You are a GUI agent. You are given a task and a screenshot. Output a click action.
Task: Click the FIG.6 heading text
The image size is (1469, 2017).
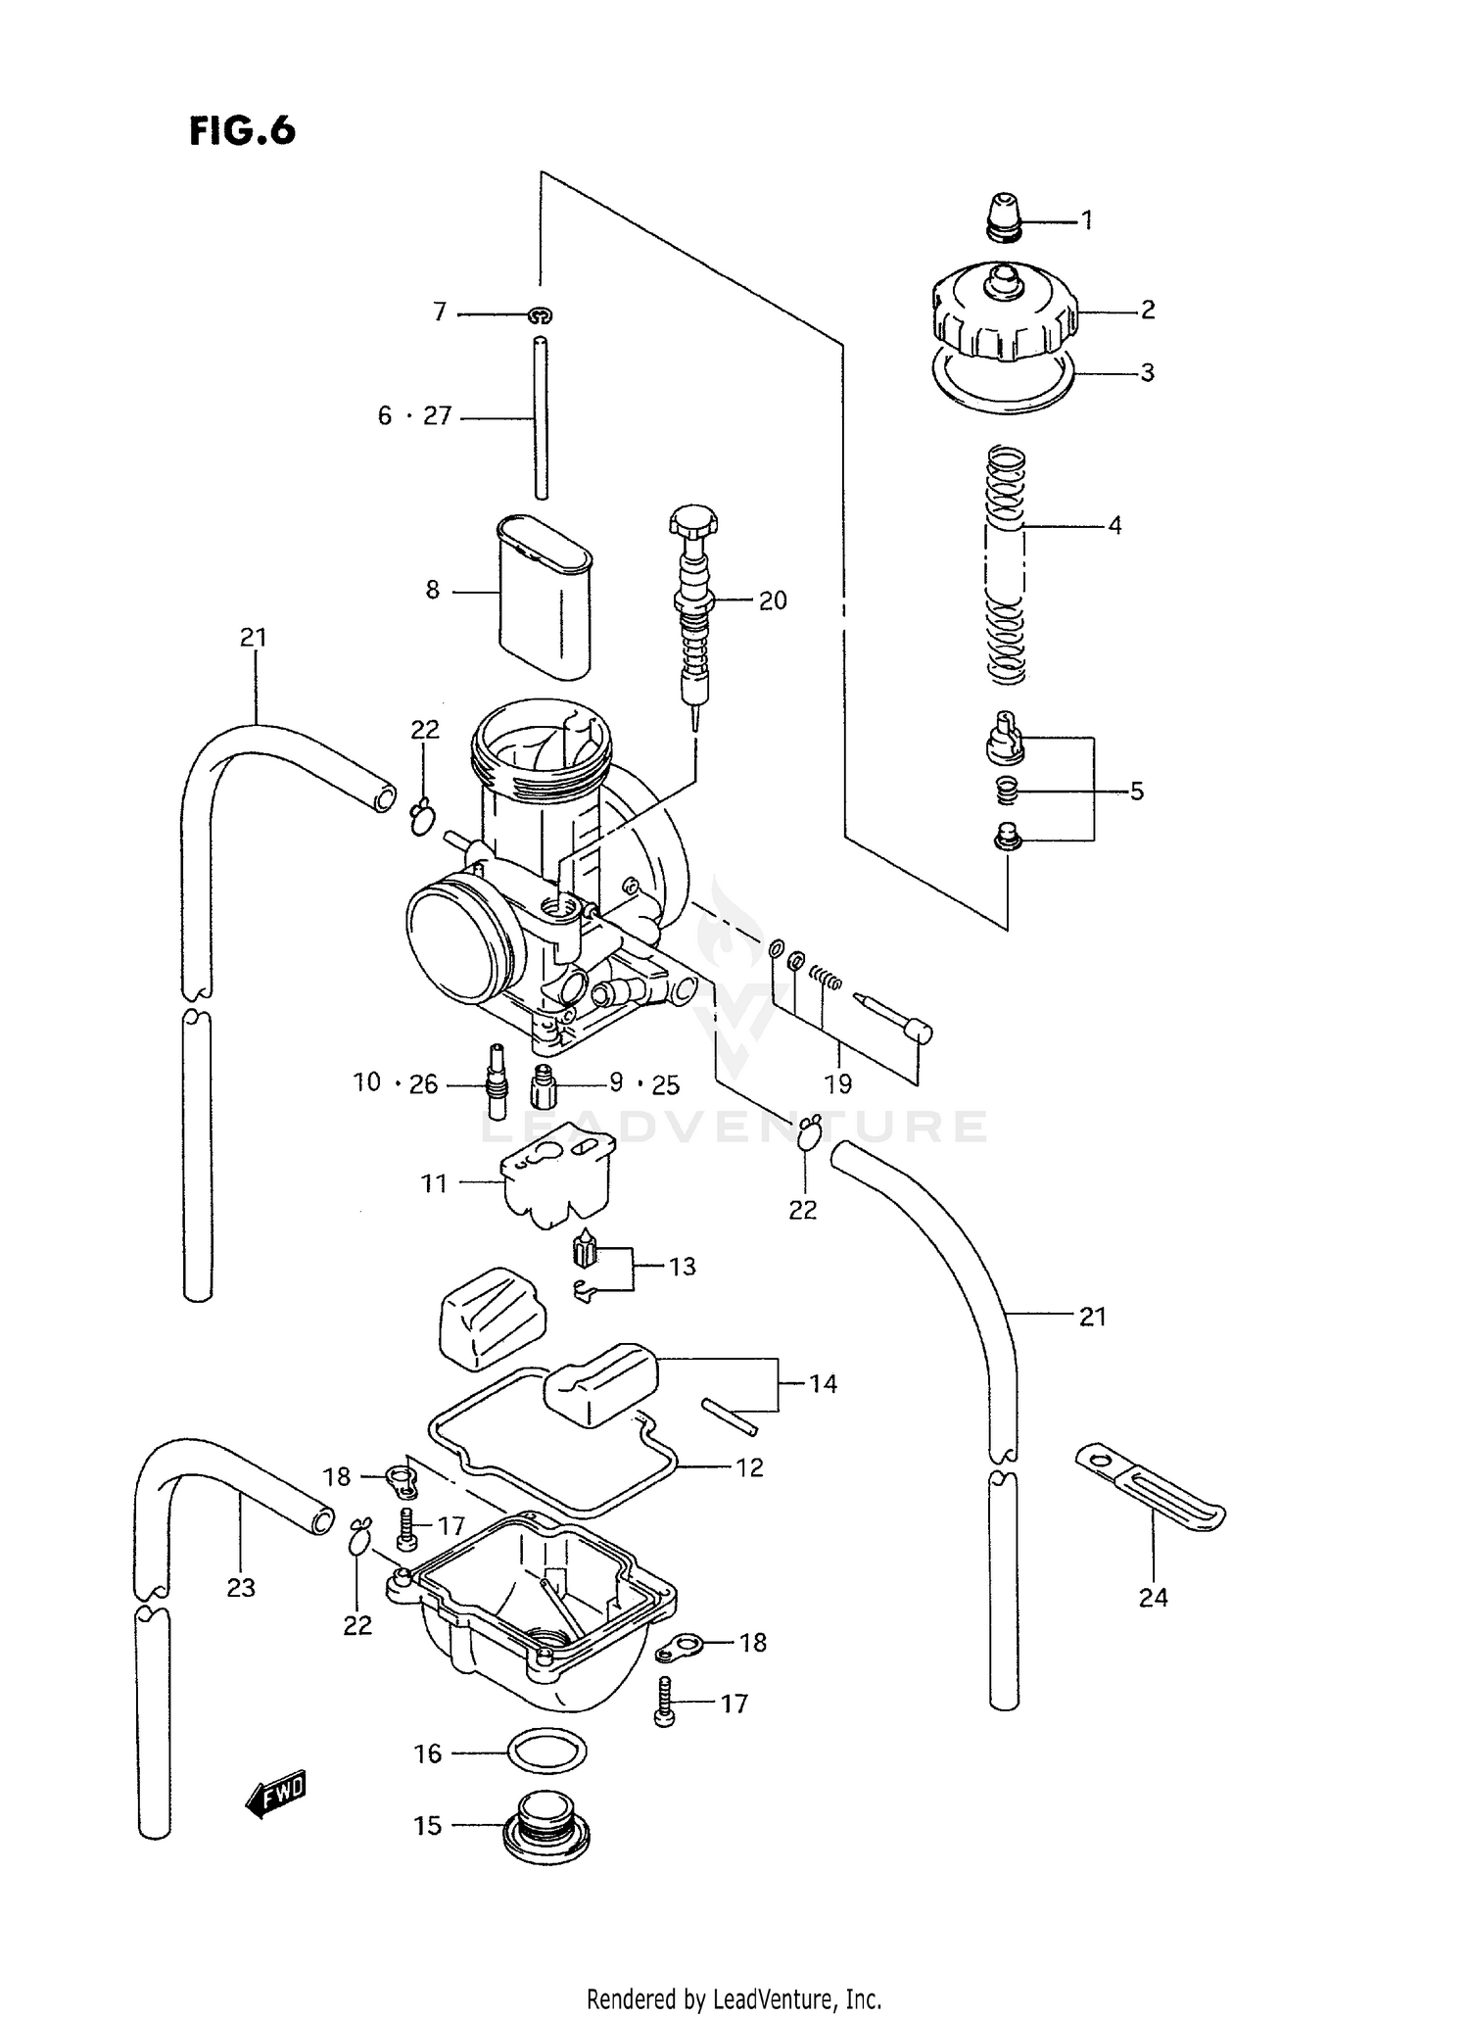pyautogui.click(x=242, y=130)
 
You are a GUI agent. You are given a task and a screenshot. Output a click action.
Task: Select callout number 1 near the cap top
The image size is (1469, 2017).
pyautogui.click(x=1086, y=220)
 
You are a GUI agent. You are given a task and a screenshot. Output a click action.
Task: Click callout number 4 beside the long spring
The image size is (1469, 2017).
pyautogui.click(x=1114, y=526)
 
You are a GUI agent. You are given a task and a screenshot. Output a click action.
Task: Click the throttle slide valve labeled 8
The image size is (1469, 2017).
pyautogui.click(x=545, y=595)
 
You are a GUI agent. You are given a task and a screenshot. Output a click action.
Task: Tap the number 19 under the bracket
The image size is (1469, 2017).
pyautogui.click(x=838, y=1084)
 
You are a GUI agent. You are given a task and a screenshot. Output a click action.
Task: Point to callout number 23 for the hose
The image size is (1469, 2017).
pyautogui.click(x=241, y=1588)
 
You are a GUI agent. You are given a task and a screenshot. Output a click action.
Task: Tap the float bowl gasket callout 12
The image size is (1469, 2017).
pyautogui.click(x=749, y=1467)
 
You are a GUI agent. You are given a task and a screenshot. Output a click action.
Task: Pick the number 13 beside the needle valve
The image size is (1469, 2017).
pyautogui.click(x=682, y=1267)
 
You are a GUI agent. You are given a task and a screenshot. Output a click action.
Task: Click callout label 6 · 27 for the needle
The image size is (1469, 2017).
pyautogui.click(x=415, y=416)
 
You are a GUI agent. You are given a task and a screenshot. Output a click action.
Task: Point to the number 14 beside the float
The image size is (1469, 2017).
pyautogui.click(x=823, y=1383)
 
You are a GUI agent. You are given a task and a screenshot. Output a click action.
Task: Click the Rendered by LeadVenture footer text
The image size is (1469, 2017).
pyautogui.click(x=734, y=1998)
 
